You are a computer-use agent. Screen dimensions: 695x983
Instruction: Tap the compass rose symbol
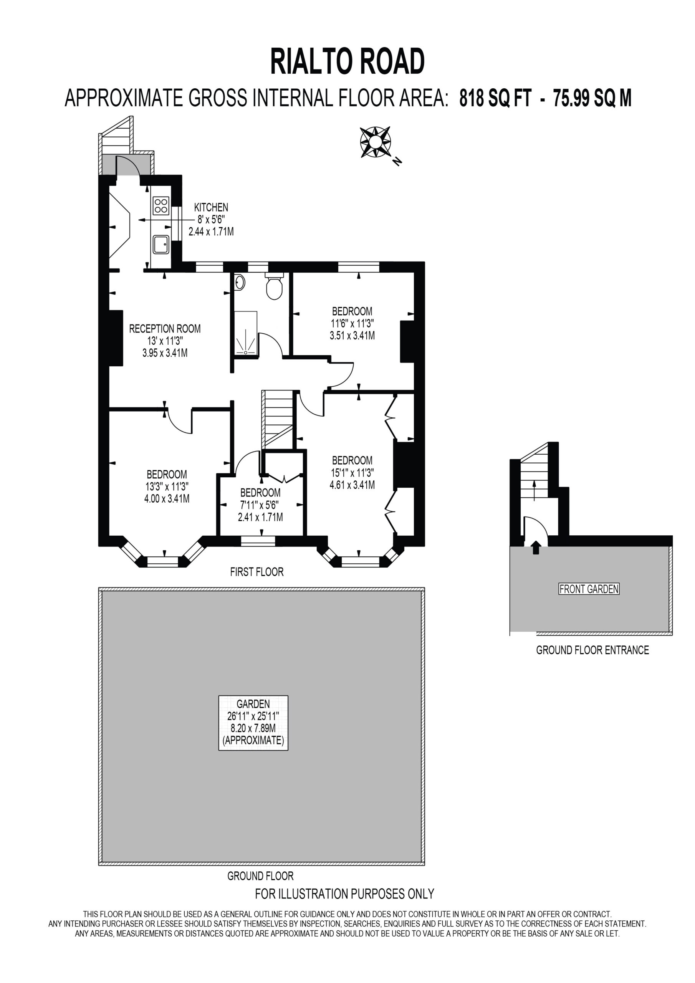tap(376, 142)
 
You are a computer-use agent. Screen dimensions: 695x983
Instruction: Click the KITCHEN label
tap(211, 207)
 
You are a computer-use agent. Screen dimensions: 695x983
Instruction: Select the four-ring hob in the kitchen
tap(161, 205)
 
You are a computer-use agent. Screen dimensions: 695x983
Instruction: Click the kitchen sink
tap(161, 244)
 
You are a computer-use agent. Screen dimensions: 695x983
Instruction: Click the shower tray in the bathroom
tap(246, 333)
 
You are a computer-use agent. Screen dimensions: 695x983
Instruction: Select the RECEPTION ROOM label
tap(165, 329)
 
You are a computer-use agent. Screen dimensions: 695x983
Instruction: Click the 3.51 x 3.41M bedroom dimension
tap(352, 336)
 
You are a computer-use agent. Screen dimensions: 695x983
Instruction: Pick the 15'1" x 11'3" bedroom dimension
tap(352, 473)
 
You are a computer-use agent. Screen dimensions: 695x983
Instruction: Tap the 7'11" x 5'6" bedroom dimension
tap(260, 505)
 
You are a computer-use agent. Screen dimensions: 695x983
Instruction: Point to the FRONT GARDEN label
tap(589, 589)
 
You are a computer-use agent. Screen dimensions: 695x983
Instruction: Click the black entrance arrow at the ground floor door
tap(536, 548)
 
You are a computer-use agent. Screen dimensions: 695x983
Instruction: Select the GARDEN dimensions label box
tap(253, 723)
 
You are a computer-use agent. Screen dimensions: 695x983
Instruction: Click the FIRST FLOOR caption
tap(257, 572)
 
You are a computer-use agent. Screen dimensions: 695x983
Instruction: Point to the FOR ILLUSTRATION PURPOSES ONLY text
tap(345, 894)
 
